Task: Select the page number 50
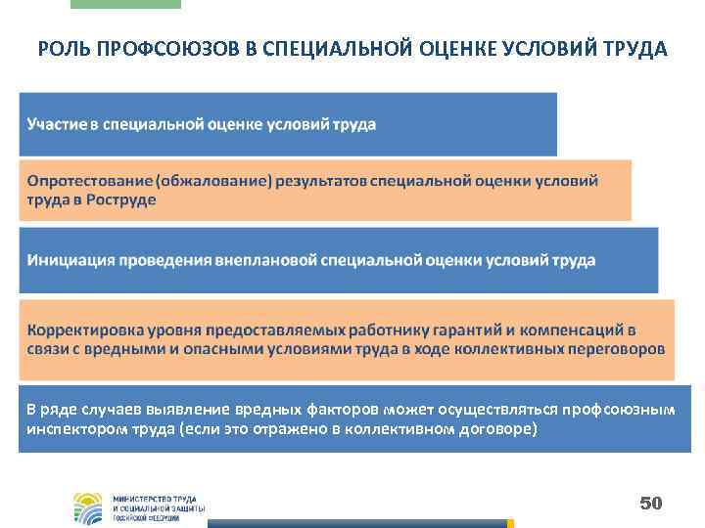(x=651, y=503)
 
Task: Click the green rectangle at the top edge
(x=126, y=4)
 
